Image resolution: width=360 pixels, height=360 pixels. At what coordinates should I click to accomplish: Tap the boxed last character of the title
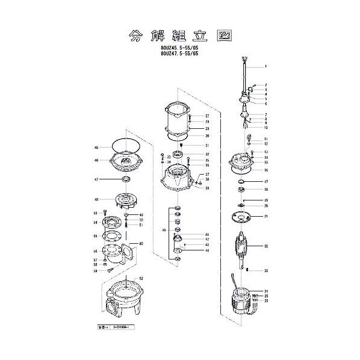pos(226,34)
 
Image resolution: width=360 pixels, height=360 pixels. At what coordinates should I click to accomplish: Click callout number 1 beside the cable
pos(265,66)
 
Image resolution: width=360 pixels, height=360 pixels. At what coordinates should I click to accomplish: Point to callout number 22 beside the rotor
pos(265,246)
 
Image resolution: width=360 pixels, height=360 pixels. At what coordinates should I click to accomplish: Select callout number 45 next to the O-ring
pos(96,147)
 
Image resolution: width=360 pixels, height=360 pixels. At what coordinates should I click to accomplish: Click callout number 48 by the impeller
pos(96,200)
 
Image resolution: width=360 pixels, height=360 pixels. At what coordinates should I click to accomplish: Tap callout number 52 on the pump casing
pos(141,278)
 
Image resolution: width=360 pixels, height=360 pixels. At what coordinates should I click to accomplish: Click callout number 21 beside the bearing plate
pos(265,216)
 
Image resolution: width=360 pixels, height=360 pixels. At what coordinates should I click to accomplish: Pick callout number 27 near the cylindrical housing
pos(206,116)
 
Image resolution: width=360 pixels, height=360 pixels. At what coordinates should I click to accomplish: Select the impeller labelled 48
pos(126,200)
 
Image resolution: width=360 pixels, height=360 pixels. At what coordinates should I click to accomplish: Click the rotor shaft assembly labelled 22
pos(241,247)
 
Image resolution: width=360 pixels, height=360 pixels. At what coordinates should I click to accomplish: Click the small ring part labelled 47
pos(125,180)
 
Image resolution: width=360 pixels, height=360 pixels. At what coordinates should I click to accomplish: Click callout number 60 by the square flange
pos(141,244)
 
